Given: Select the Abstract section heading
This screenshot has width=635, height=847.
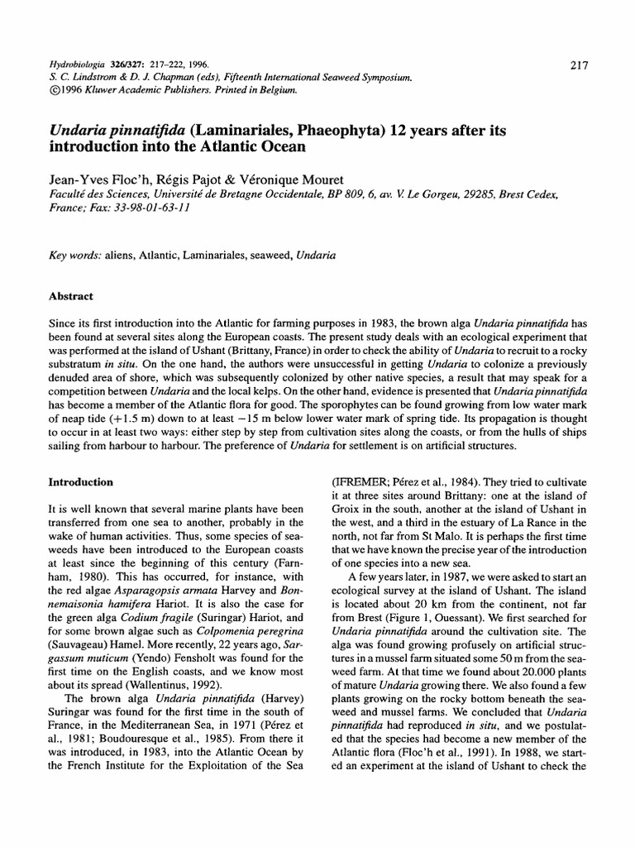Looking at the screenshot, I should (73, 295).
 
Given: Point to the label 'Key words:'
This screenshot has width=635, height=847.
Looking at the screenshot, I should (76, 256).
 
